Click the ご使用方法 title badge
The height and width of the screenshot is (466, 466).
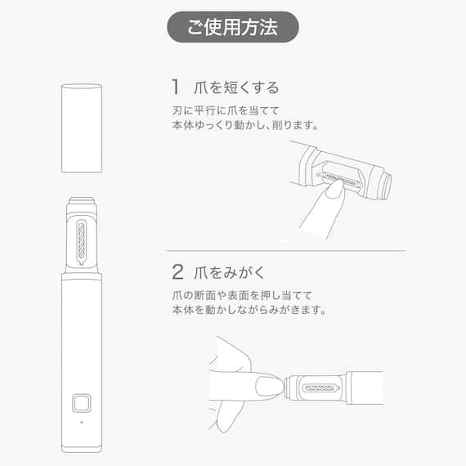click(233, 27)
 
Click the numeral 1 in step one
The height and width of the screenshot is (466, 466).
click(175, 87)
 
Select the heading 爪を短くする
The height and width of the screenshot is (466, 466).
click(238, 87)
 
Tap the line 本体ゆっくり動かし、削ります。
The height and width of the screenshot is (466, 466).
click(244, 126)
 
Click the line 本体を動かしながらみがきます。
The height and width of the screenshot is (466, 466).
click(249, 310)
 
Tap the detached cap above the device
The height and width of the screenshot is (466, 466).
click(82, 128)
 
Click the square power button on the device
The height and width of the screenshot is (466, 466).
click(81, 403)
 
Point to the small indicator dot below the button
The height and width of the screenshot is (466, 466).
click(81, 422)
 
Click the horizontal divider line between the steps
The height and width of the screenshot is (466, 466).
click(286, 250)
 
